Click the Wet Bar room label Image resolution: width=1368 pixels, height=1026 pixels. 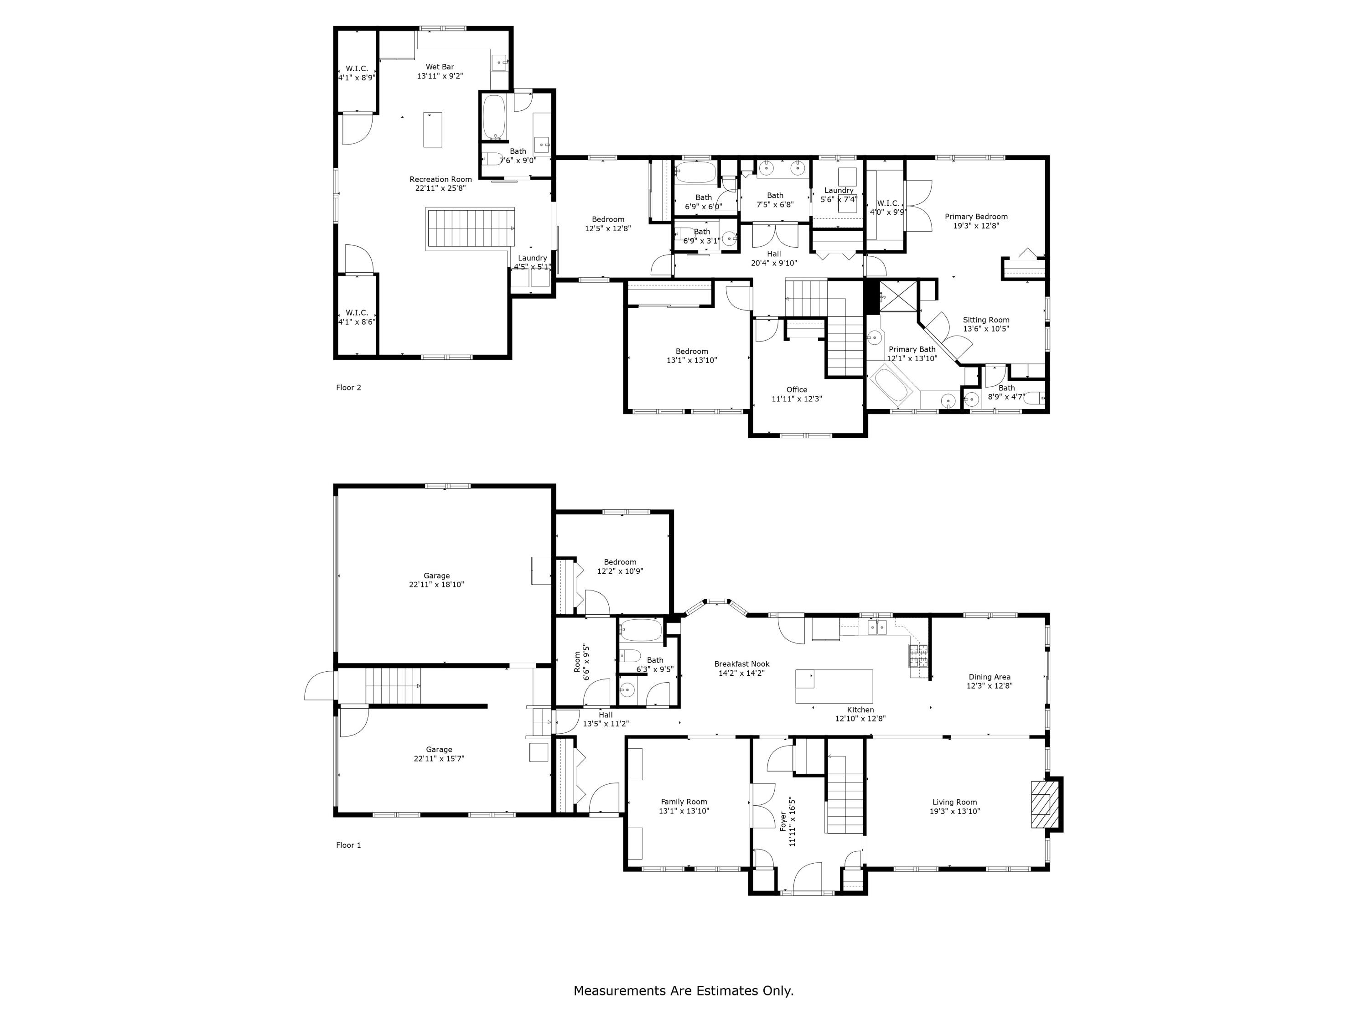click(x=440, y=67)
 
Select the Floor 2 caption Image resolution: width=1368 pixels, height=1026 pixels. click(x=348, y=388)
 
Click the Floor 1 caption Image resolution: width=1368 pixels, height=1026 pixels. click(x=348, y=845)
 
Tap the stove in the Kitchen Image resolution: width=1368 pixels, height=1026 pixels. click(x=918, y=656)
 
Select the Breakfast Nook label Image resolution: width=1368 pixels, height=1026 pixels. click(x=741, y=664)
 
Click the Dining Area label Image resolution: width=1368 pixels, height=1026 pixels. click(x=990, y=677)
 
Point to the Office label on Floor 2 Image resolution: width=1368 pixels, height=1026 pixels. click(x=797, y=389)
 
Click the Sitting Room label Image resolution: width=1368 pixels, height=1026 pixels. click(x=986, y=321)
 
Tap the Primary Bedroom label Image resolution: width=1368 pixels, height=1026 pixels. click(x=976, y=217)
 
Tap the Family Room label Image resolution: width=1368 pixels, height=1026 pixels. click(x=684, y=802)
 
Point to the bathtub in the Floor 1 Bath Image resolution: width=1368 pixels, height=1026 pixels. click(x=641, y=630)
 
